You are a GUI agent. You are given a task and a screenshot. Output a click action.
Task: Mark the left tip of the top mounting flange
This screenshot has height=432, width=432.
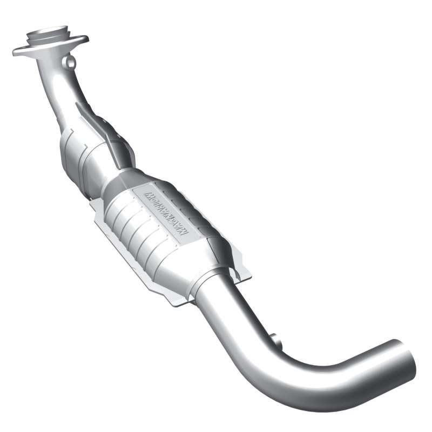[x=16, y=52]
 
